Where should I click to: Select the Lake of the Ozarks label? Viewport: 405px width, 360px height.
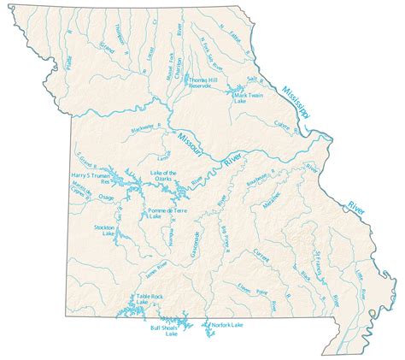163,177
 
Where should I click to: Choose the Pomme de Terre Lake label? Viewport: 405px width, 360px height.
167,212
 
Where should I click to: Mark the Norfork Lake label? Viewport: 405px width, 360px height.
227,325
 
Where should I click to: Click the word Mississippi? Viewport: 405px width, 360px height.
297,103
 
